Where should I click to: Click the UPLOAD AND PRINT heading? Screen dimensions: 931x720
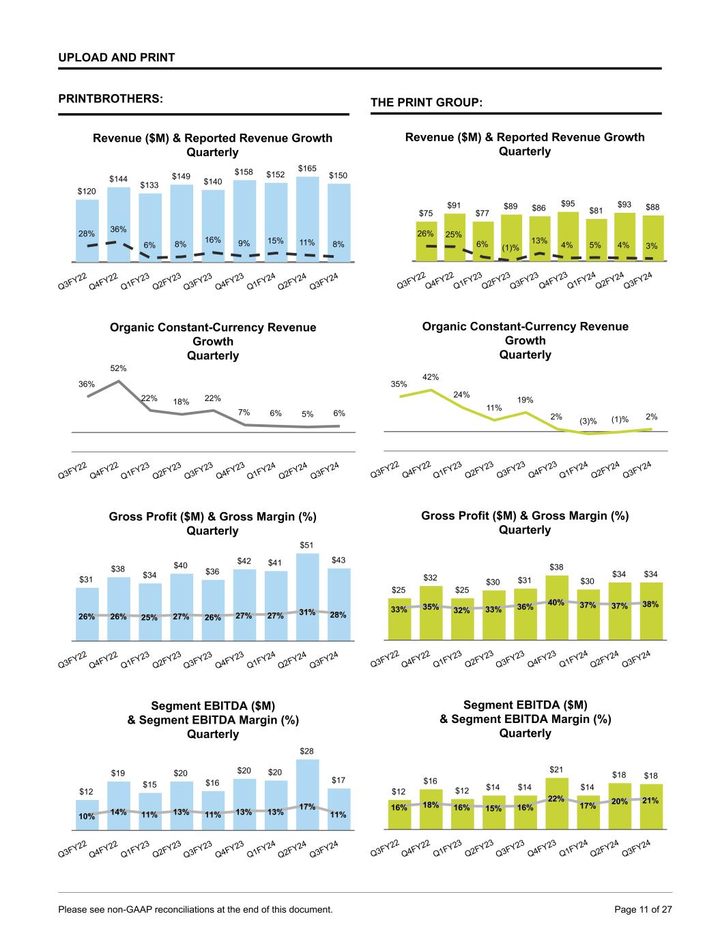tap(117, 57)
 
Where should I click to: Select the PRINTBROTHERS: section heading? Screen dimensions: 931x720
tap(111, 98)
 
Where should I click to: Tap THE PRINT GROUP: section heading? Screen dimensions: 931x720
tap(427, 102)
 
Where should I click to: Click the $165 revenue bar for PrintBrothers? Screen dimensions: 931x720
tap(307, 218)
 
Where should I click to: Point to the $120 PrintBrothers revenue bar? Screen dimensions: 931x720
tap(87, 230)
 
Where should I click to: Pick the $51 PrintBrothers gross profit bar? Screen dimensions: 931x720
tap(307, 597)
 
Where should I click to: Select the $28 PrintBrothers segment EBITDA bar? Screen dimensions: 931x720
tap(307, 795)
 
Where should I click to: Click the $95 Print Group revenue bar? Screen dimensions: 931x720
tap(568, 236)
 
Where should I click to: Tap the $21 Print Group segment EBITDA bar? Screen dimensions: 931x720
tap(556, 803)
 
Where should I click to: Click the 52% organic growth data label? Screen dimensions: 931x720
tap(119, 368)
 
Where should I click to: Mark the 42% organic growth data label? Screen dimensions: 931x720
tap(431, 376)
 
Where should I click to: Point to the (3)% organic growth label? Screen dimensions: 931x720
tap(588, 422)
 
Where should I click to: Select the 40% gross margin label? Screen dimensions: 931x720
tap(556, 602)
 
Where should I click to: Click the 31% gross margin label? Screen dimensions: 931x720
tap(307, 612)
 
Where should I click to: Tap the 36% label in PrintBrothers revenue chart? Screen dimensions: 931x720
tap(119, 229)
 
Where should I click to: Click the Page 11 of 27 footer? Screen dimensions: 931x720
tap(644, 909)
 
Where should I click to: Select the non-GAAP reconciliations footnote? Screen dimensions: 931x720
tap(196, 909)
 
